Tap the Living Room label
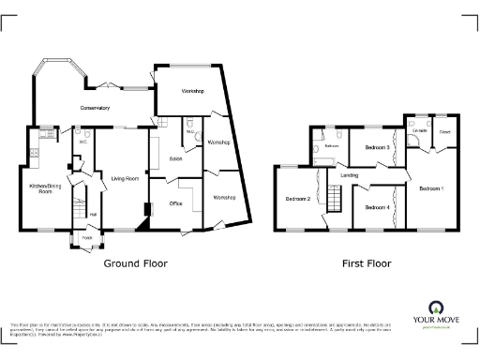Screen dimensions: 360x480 coord(125,177)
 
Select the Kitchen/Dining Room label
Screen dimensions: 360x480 coord(39,188)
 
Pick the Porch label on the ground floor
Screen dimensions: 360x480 coord(88,237)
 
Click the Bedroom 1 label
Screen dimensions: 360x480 coord(430,189)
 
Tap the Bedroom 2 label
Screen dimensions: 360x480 coord(297,199)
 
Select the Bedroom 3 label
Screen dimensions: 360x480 coord(377,147)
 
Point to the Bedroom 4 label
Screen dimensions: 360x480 coord(377,206)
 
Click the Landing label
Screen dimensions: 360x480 coord(350,175)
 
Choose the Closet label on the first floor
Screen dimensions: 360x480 coord(443,131)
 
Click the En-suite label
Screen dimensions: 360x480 coord(419,131)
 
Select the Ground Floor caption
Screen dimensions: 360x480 coord(135,263)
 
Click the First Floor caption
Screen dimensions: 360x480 coord(367,263)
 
